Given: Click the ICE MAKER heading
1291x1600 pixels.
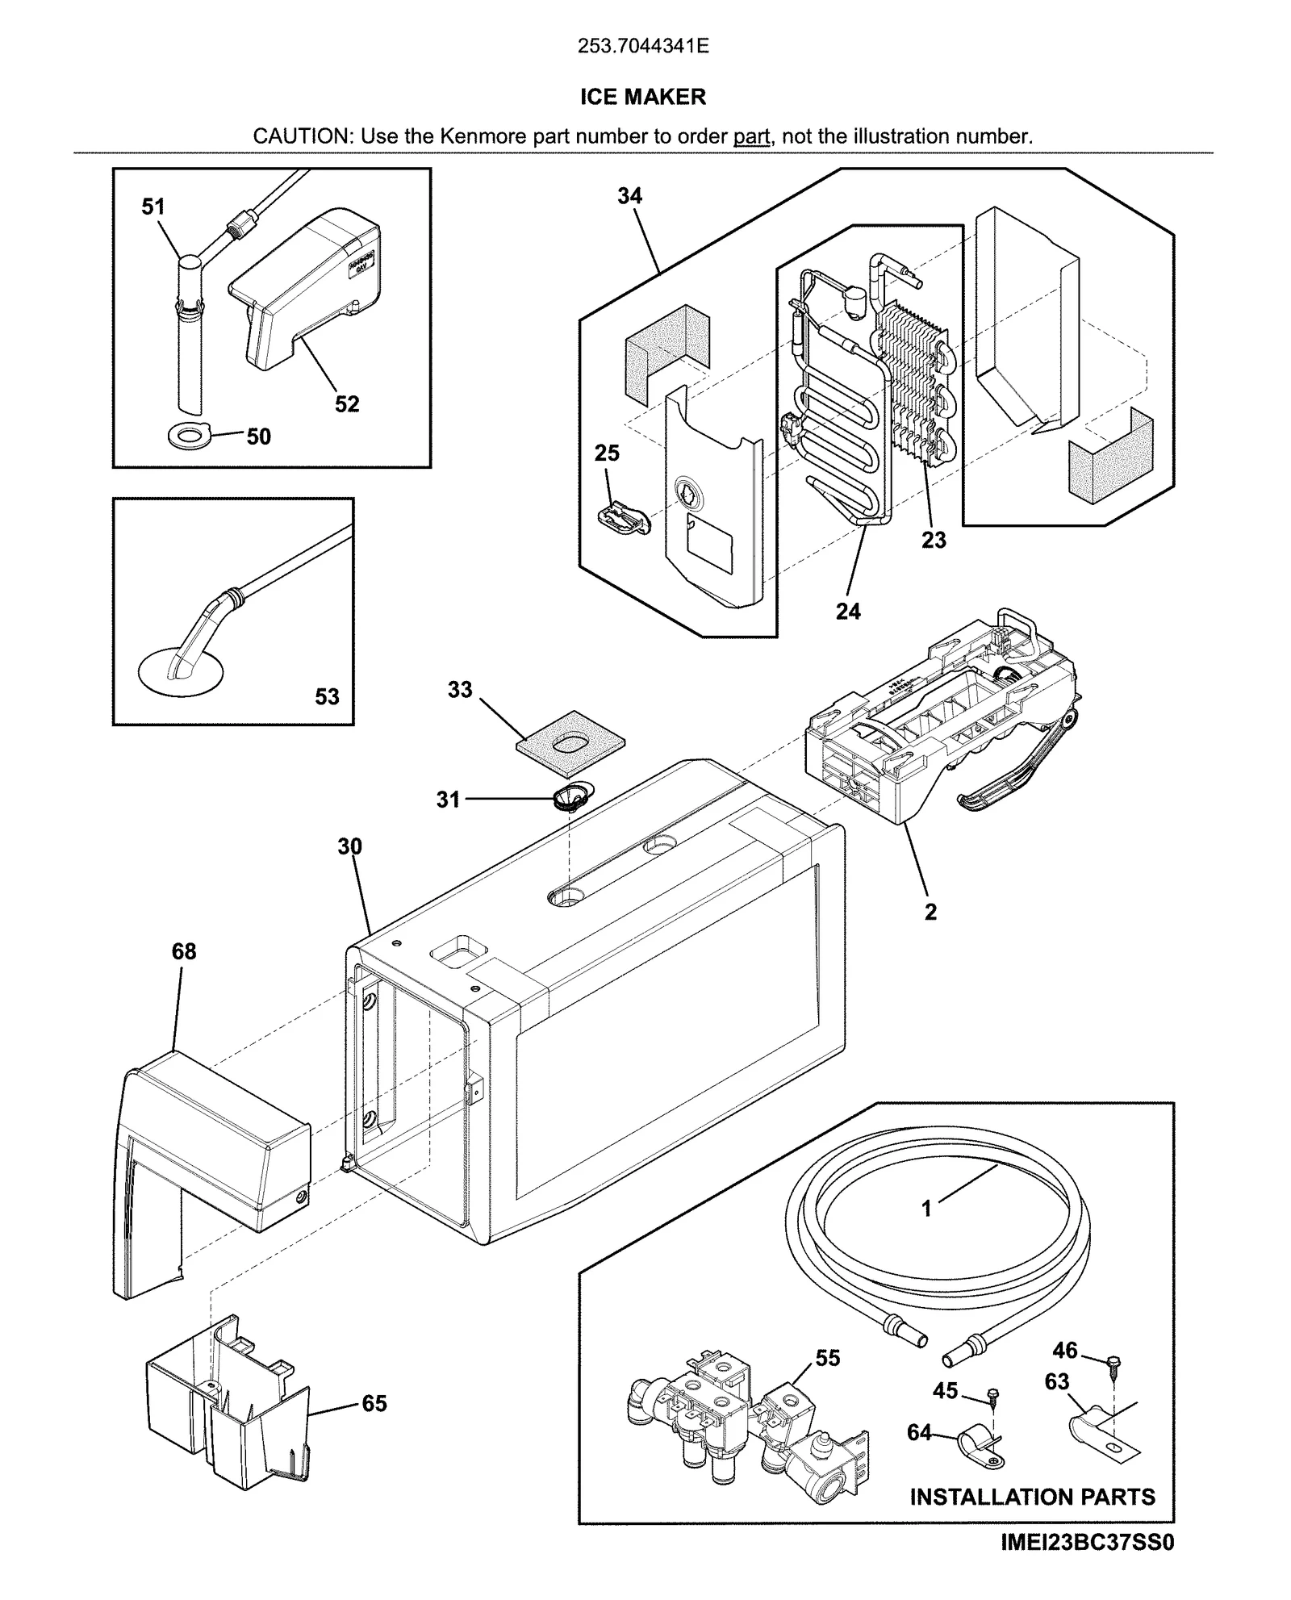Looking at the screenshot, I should tap(643, 97).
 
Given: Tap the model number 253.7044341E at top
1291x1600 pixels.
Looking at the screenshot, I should tap(643, 46).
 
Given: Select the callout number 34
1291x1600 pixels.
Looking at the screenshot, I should tap(629, 196).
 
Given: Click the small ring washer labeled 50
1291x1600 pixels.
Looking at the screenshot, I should tap(190, 437).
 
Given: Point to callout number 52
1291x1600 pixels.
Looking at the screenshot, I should tap(347, 404).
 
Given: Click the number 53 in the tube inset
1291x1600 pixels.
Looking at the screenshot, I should tap(327, 696).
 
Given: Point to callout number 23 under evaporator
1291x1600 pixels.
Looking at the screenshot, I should tap(934, 540).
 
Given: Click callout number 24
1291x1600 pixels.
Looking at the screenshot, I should tap(848, 612).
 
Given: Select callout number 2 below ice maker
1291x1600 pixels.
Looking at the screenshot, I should tap(930, 912).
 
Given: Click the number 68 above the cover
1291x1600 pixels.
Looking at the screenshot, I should tap(184, 951).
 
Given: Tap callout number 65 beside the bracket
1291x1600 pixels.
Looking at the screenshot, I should tap(374, 1403).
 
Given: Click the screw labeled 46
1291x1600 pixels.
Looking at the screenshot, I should tap(1114, 1363).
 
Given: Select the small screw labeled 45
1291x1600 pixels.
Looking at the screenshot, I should tap(994, 1393).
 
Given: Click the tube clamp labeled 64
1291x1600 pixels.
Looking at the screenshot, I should tap(977, 1441).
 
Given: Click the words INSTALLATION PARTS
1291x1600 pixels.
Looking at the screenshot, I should tap(1032, 1497).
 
